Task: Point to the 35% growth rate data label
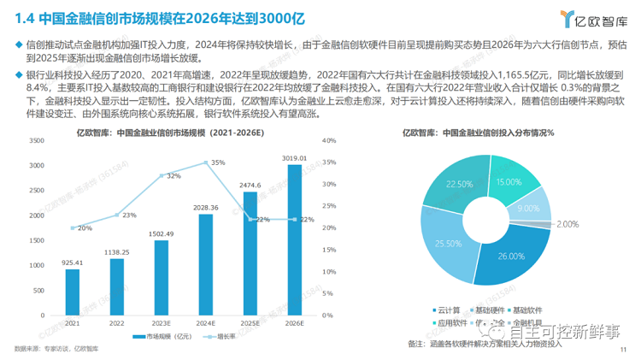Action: [x=218, y=162]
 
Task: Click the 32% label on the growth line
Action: [x=173, y=175]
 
